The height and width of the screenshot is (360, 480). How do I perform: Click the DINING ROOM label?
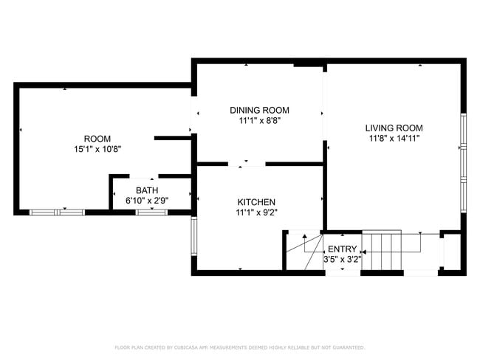tap(259, 110)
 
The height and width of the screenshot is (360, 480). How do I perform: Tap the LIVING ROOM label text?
tap(395, 128)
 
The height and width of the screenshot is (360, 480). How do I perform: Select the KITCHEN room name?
tap(256, 202)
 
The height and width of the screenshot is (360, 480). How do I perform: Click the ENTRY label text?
tap(342, 249)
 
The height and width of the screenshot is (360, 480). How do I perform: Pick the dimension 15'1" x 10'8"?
tap(97, 149)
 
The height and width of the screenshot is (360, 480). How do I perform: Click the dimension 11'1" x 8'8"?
tap(259, 120)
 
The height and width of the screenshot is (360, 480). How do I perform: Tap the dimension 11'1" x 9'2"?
tap(256, 212)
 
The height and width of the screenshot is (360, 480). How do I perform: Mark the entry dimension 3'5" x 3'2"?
tap(342, 260)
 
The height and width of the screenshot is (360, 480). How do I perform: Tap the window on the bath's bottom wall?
tap(151, 212)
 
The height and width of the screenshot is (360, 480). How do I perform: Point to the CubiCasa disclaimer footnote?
tap(239, 347)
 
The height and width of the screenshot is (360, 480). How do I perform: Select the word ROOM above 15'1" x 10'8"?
tap(97, 139)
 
